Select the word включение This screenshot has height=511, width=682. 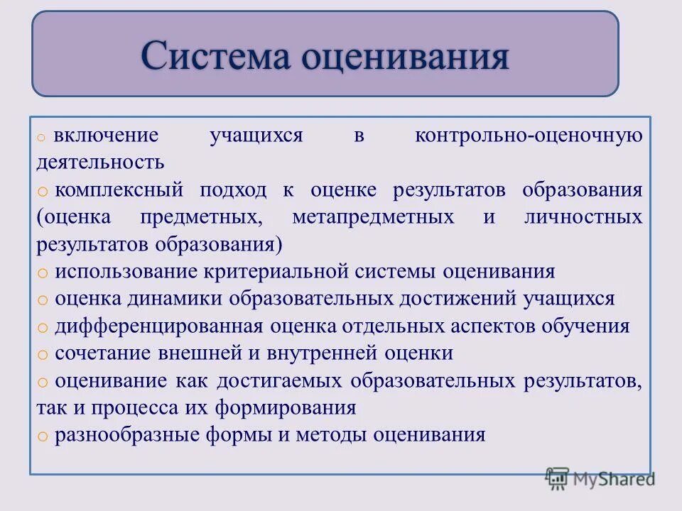pyautogui.click(x=107, y=135)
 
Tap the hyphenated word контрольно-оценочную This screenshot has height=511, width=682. pyautogui.click(x=529, y=135)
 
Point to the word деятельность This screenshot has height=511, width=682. pyautogui.click(x=100, y=162)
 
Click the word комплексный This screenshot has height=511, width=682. pyautogui.click(x=119, y=189)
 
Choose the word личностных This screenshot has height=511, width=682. pyautogui.click(x=583, y=216)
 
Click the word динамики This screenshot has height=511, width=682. pyautogui.click(x=175, y=299)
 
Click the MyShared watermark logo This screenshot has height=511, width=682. pyautogui.click(x=600, y=479)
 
